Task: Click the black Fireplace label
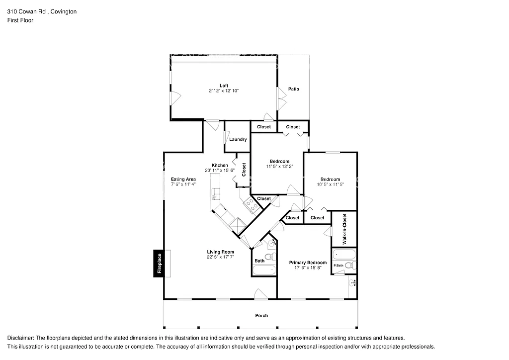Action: pos(159,263)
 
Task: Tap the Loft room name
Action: pos(224,86)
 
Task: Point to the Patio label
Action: pos(293,89)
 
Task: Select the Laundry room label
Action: pos(238,139)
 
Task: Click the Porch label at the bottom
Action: pos(261,315)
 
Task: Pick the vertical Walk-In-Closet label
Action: pos(344,229)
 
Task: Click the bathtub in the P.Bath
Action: pos(343,257)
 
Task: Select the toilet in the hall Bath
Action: pos(270,257)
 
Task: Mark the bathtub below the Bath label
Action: pos(263,270)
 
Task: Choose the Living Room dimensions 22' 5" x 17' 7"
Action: pos(220,258)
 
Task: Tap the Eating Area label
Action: pos(183,179)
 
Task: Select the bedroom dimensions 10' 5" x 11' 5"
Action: pos(330,184)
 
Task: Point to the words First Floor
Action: pos(20,20)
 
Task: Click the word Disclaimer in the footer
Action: pos(20,338)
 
